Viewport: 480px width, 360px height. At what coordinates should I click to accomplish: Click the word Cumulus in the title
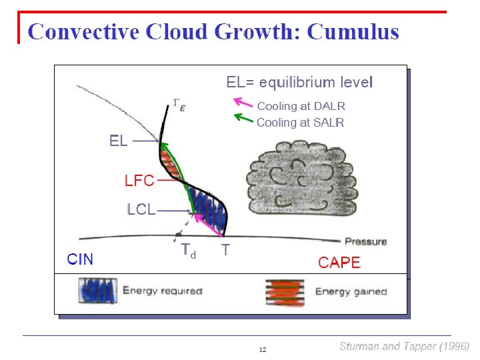[x=353, y=31]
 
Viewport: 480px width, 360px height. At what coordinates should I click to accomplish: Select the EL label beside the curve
[x=119, y=141]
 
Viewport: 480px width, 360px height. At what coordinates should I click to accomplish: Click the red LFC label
[x=139, y=180]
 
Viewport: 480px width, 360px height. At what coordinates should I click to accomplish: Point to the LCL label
[x=141, y=210]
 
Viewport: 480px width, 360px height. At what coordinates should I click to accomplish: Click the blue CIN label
[x=80, y=259]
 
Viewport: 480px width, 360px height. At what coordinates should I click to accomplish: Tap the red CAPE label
[x=339, y=263]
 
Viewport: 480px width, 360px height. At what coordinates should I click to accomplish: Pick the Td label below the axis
[x=189, y=251]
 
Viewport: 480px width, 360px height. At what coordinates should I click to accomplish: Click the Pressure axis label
[x=365, y=241]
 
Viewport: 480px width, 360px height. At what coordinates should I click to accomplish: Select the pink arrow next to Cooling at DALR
[x=243, y=103]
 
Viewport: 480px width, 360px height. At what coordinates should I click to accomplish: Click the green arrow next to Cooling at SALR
[x=243, y=119]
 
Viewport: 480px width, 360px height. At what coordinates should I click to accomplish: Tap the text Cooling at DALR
[x=301, y=106]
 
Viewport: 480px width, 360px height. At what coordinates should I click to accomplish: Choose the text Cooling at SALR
[x=300, y=123]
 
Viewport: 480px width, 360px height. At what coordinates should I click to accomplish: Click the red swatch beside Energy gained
[x=285, y=291]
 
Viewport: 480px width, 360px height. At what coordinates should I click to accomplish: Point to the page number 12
[x=263, y=350]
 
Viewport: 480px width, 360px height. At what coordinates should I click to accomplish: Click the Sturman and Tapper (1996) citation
[x=404, y=346]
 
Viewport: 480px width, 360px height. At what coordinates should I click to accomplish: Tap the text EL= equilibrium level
[x=299, y=83]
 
